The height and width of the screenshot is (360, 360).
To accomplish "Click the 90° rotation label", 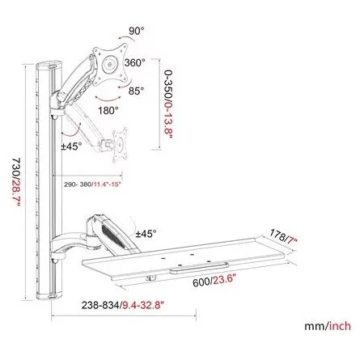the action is tap(136, 31).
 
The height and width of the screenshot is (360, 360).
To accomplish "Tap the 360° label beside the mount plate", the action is tap(134, 62).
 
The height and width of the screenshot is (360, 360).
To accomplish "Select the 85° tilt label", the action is tap(136, 91).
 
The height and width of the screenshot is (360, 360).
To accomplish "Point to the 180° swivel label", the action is tap(108, 110).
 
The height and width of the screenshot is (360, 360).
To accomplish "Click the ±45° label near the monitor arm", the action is tap(71, 146).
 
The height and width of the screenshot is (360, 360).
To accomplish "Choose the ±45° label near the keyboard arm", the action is tap(146, 234).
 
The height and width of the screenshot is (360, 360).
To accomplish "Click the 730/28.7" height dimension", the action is tap(16, 183).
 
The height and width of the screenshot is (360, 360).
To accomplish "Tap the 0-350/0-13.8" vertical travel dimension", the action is tap(168, 104).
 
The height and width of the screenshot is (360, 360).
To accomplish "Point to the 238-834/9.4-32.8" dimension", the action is tap(123, 305).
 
